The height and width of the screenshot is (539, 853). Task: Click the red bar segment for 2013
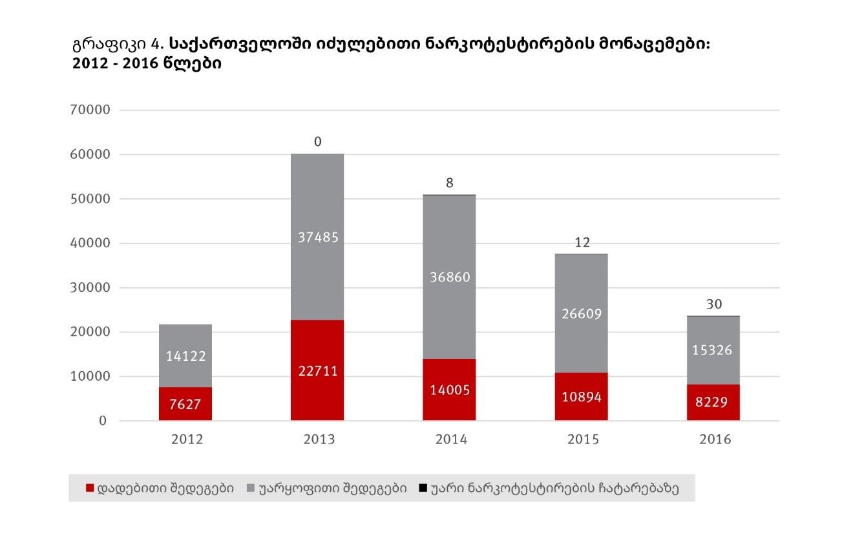pyautogui.click(x=317, y=394)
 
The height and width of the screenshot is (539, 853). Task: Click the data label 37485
pyautogui.click(x=318, y=238)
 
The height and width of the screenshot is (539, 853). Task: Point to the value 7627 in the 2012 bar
pyautogui.click(x=186, y=405)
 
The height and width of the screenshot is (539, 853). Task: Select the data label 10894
pyautogui.click(x=582, y=397)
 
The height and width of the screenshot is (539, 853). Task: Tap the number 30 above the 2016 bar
pyautogui.click(x=714, y=304)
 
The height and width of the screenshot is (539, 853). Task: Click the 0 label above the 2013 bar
pyautogui.click(x=318, y=141)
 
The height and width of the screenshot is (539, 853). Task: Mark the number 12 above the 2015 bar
pyautogui.click(x=582, y=243)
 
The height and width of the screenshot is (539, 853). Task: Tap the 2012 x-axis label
pyautogui.click(x=187, y=440)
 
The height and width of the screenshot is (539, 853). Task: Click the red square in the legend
pyautogui.click(x=90, y=488)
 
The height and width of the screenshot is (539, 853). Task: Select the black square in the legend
pyautogui.click(x=423, y=488)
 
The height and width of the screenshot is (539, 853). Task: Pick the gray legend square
pyautogui.click(x=251, y=488)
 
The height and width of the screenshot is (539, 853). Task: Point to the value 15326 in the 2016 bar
pyautogui.click(x=713, y=350)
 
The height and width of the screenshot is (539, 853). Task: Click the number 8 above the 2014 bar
pyautogui.click(x=450, y=183)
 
